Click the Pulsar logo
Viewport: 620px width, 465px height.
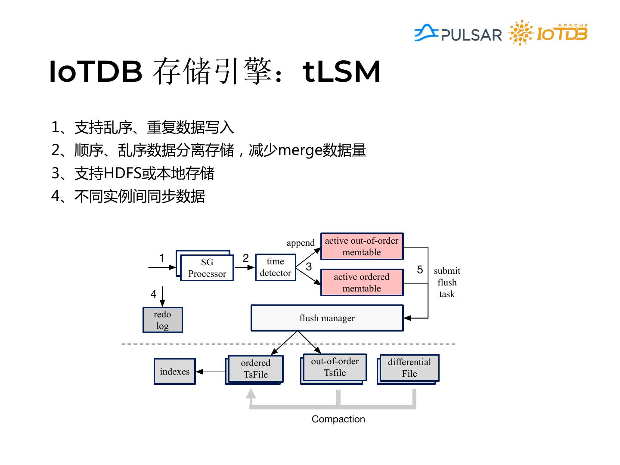(458, 33)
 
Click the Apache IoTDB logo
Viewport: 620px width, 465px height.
(548, 32)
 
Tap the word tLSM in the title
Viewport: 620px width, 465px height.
(341, 72)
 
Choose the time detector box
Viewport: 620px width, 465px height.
(276, 267)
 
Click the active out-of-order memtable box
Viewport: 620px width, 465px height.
(362, 246)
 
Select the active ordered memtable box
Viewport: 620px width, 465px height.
(362, 282)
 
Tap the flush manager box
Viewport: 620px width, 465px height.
(327, 318)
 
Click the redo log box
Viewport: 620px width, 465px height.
(163, 320)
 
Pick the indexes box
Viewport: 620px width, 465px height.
(174, 371)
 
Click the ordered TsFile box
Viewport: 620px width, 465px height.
(254, 369)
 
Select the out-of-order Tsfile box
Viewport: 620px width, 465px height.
(333, 369)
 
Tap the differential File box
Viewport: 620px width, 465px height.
(408, 369)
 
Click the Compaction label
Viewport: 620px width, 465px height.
(338, 419)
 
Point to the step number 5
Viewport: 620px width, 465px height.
(420, 270)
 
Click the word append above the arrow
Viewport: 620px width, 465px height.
(301, 243)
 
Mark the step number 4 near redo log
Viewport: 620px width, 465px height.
(153, 294)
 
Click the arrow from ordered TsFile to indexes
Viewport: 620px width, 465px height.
(211, 372)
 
